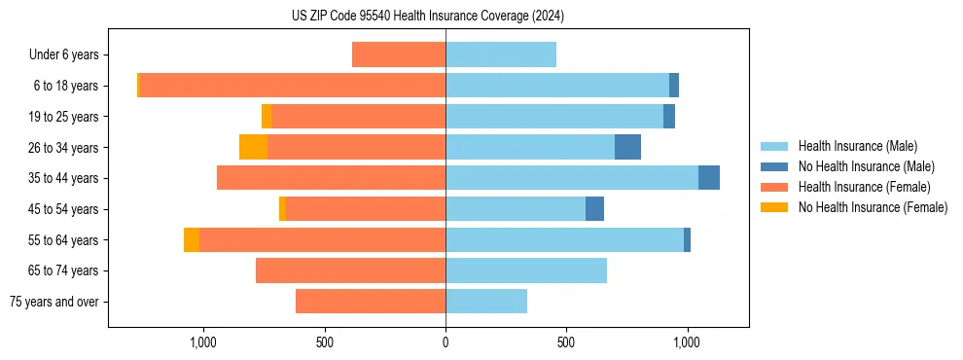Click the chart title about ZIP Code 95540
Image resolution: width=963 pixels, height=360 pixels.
point(427,17)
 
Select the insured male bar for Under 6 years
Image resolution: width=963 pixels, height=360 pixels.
point(501,54)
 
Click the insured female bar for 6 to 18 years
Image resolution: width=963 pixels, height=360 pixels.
point(292,86)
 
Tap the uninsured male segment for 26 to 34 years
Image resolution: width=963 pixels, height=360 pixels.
point(627,147)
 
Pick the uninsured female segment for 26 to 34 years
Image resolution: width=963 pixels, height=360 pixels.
point(253,147)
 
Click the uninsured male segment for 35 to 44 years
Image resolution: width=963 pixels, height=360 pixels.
point(709,178)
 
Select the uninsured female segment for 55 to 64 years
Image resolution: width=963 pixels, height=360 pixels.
point(192,239)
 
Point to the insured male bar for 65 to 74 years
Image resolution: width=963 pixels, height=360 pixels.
point(526,270)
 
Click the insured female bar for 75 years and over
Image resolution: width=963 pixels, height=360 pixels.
point(371,302)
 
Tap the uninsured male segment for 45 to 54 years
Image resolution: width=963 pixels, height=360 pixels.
point(594,209)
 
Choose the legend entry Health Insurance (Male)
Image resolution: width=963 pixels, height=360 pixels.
point(857,146)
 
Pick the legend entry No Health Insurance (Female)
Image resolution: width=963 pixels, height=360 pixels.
point(873,207)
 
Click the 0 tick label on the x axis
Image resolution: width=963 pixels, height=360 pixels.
point(446,342)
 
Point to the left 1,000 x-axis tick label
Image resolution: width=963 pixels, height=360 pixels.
point(203,342)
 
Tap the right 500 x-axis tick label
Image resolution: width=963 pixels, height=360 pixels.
point(566,342)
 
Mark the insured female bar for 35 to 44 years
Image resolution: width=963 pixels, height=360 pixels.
point(331,178)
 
